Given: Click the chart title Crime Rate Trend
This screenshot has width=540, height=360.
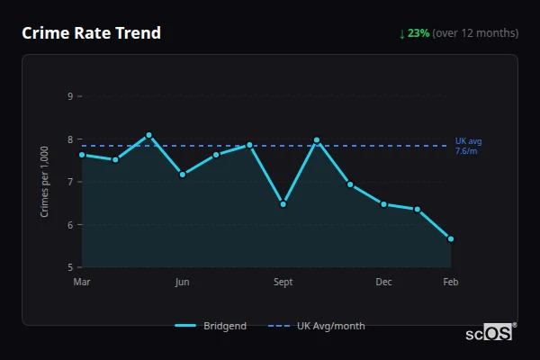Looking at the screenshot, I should click(92, 33).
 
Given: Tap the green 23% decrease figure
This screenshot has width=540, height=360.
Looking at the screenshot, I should click(418, 33).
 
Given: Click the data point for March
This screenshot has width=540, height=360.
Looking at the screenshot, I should click(82, 155).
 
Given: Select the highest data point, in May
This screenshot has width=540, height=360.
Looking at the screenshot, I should click(148, 135).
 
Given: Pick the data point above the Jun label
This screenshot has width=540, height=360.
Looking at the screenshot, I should click(182, 175).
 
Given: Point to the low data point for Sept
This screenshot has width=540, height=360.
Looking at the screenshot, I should click(283, 204).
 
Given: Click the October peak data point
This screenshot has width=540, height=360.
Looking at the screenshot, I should click(317, 140).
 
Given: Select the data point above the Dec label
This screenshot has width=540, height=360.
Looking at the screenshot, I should click(383, 204).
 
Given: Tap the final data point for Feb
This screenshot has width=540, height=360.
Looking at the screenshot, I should click(450, 238).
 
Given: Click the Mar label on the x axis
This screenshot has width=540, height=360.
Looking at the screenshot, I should click(82, 283).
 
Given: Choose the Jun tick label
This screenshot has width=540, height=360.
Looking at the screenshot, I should click(182, 283).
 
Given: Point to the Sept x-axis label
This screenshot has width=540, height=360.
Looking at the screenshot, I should click(283, 283).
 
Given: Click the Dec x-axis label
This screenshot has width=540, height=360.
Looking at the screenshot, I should click(383, 283).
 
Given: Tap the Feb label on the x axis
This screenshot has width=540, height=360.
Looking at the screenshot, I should click(450, 283).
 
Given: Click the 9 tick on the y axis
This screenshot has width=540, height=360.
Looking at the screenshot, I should click(69, 96).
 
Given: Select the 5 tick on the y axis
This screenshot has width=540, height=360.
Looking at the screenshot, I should click(69, 267).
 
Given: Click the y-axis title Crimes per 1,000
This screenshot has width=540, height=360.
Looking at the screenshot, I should click(45, 181).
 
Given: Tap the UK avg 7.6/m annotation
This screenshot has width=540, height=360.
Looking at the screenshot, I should click(467, 146).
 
